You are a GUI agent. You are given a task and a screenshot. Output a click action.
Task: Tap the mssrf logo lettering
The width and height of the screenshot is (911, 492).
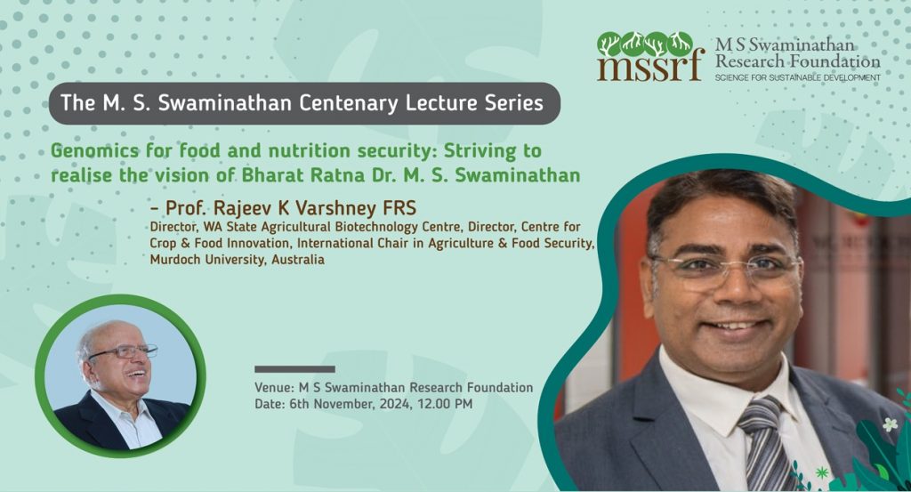point(650,67)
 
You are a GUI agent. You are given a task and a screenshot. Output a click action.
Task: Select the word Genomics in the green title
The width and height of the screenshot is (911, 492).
point(95,151)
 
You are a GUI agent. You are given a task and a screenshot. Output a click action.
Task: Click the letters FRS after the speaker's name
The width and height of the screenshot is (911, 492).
point(399,207)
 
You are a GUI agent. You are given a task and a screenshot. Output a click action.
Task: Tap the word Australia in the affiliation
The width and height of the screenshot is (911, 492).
point(297,260)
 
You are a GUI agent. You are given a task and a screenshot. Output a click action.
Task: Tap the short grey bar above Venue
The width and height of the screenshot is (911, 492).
point(294,369)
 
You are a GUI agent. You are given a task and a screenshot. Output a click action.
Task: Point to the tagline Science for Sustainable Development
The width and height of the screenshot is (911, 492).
point(798,77)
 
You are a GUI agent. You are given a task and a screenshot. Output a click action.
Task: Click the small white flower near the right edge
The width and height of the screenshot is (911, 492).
point(890,424)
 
